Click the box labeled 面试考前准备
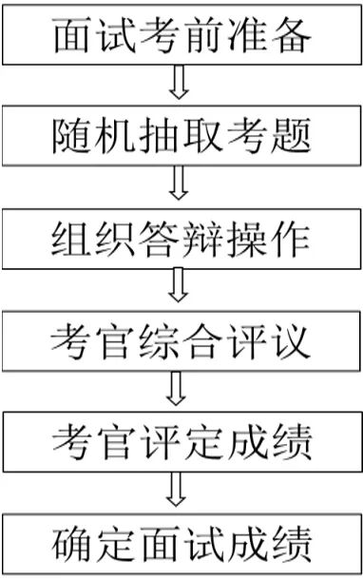click(181, 37)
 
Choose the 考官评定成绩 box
click(181, 440)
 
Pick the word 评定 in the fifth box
click(181, 440)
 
